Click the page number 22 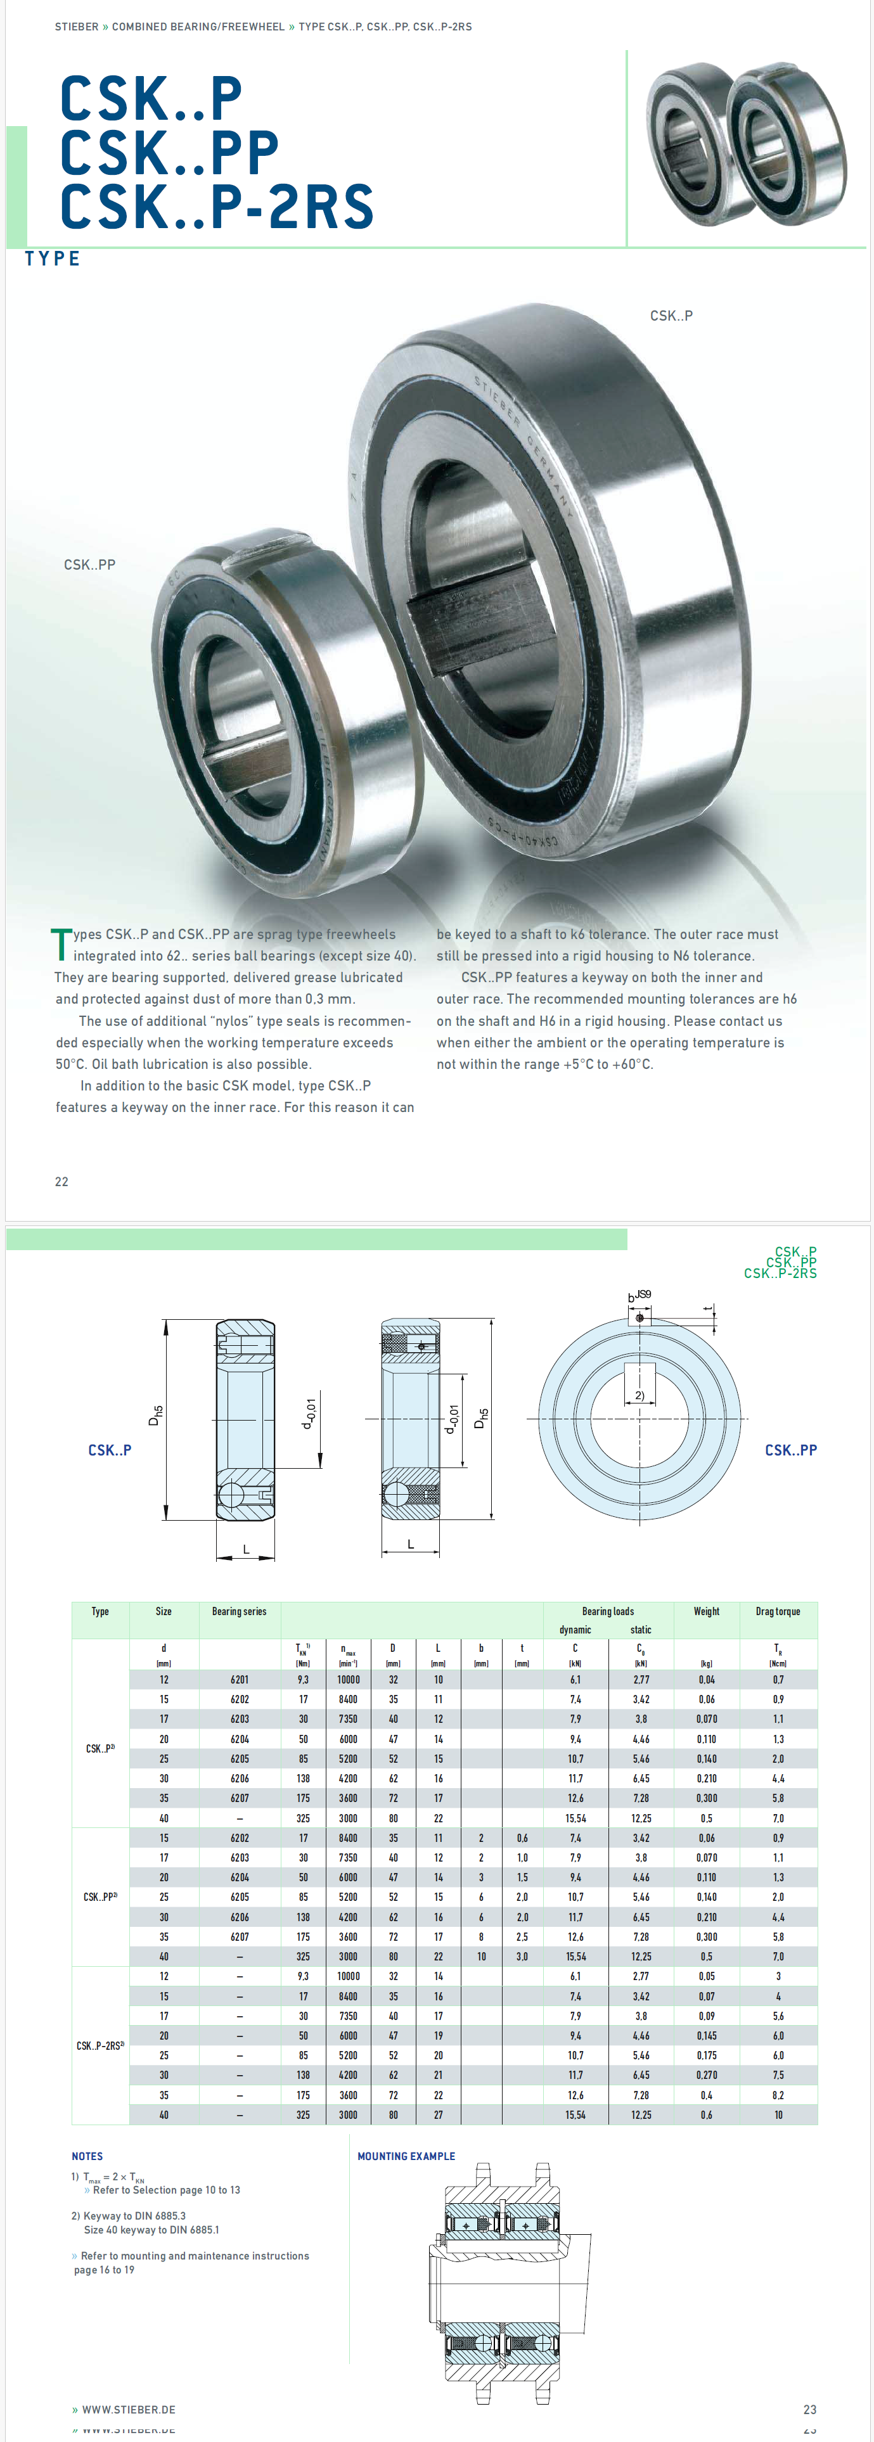pos(61,1181)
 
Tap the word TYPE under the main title pos(53,259)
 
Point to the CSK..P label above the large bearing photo pos(671,316)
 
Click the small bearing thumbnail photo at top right pos(746,144)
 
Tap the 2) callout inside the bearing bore pos(640,1395)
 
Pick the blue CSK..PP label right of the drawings pos(790,1450)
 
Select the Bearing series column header pos(239,1611)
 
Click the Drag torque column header pos(777,1611)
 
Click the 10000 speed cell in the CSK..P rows pos(349,1679)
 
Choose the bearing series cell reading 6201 pos(240,1679)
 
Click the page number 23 pos(809,2409)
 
